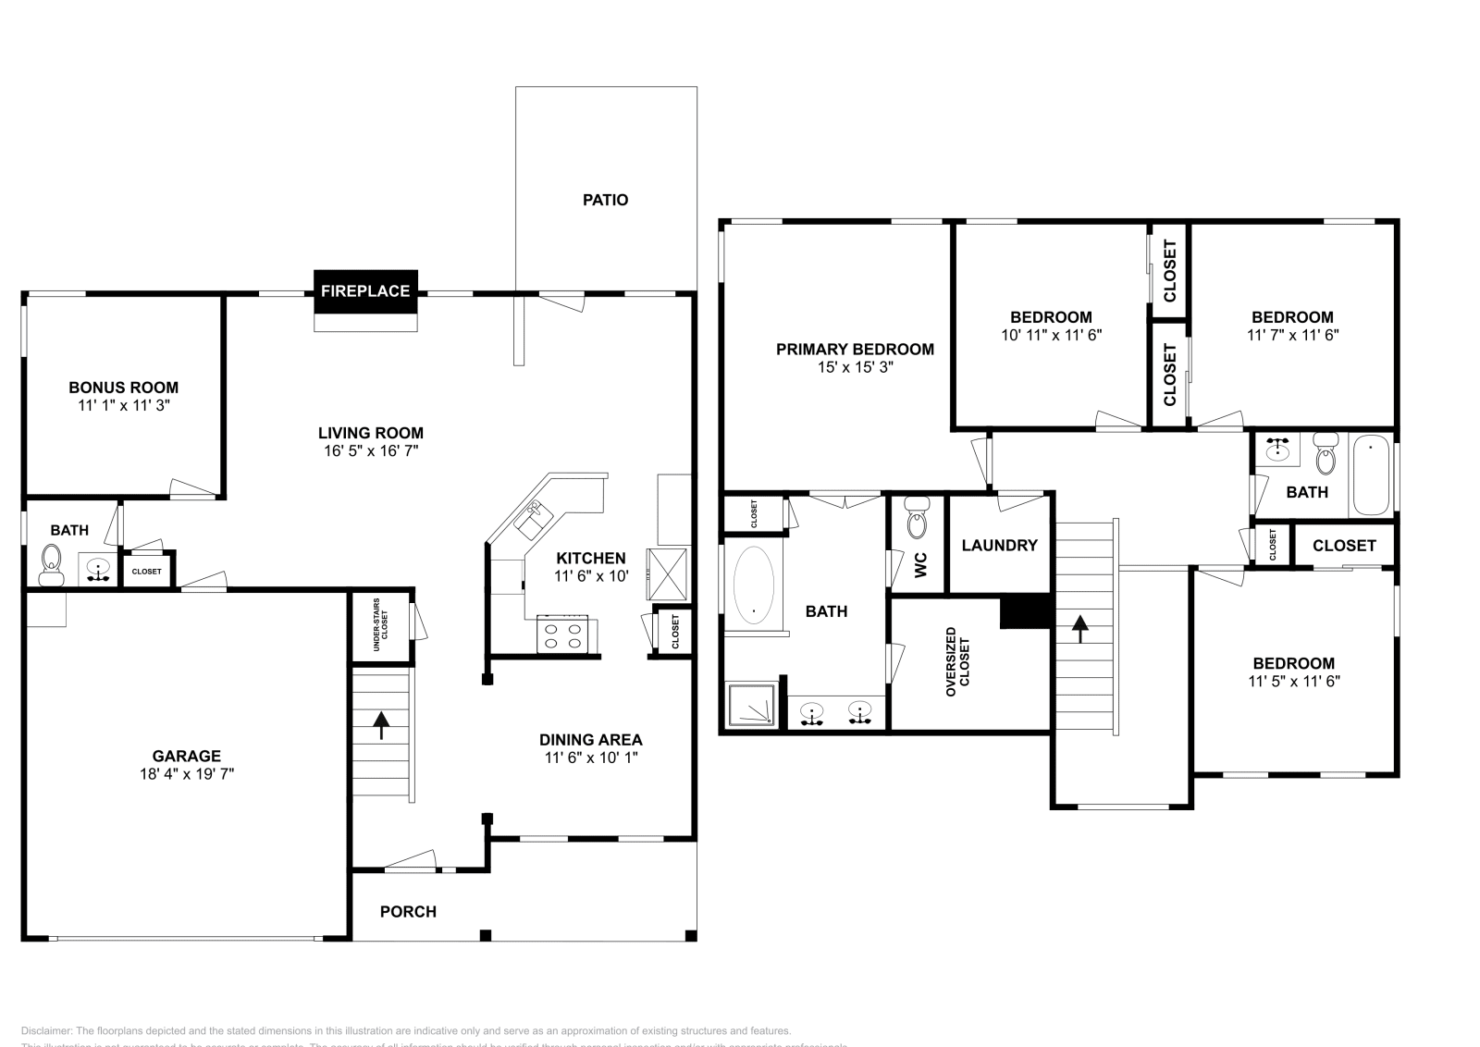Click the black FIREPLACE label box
pos(365,290)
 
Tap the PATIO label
pos(605,200)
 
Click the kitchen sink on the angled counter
pos(534,521)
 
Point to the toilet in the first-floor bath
pos(51,564)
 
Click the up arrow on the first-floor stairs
pos(380,724)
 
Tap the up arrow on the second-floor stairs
pos(1079,629)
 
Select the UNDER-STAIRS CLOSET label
pos(380,626)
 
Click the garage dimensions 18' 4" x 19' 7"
pos(187,774)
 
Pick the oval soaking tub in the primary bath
pos(754,585)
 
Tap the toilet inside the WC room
pos(917,518)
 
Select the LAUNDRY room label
pos(999,546)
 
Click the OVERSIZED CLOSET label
pos(957,661)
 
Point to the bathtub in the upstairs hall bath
pos(1371,476)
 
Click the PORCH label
pos(408,912)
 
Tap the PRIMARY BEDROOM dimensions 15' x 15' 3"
pos(855,367)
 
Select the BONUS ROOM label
pos(123,388)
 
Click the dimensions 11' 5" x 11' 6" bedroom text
pos(1293,682)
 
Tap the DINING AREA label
pos(590,740)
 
